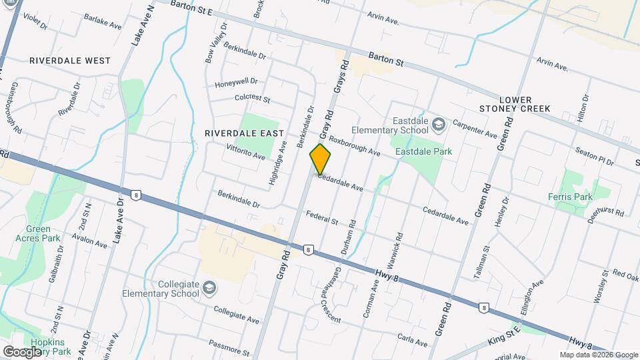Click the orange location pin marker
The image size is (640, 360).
(320, 159)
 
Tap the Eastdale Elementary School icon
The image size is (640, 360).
(439, 124)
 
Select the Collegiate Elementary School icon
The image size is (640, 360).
(209, 287)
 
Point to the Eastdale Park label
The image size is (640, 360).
(423, 151)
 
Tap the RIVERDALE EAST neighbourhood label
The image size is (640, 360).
(244, 133)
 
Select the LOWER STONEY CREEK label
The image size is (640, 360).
(515, 104)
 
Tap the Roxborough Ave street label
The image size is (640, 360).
(354, 146)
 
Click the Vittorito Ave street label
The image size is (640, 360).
(246, 152)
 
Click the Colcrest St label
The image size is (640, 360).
(252, 99)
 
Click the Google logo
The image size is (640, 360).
(22, 351)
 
